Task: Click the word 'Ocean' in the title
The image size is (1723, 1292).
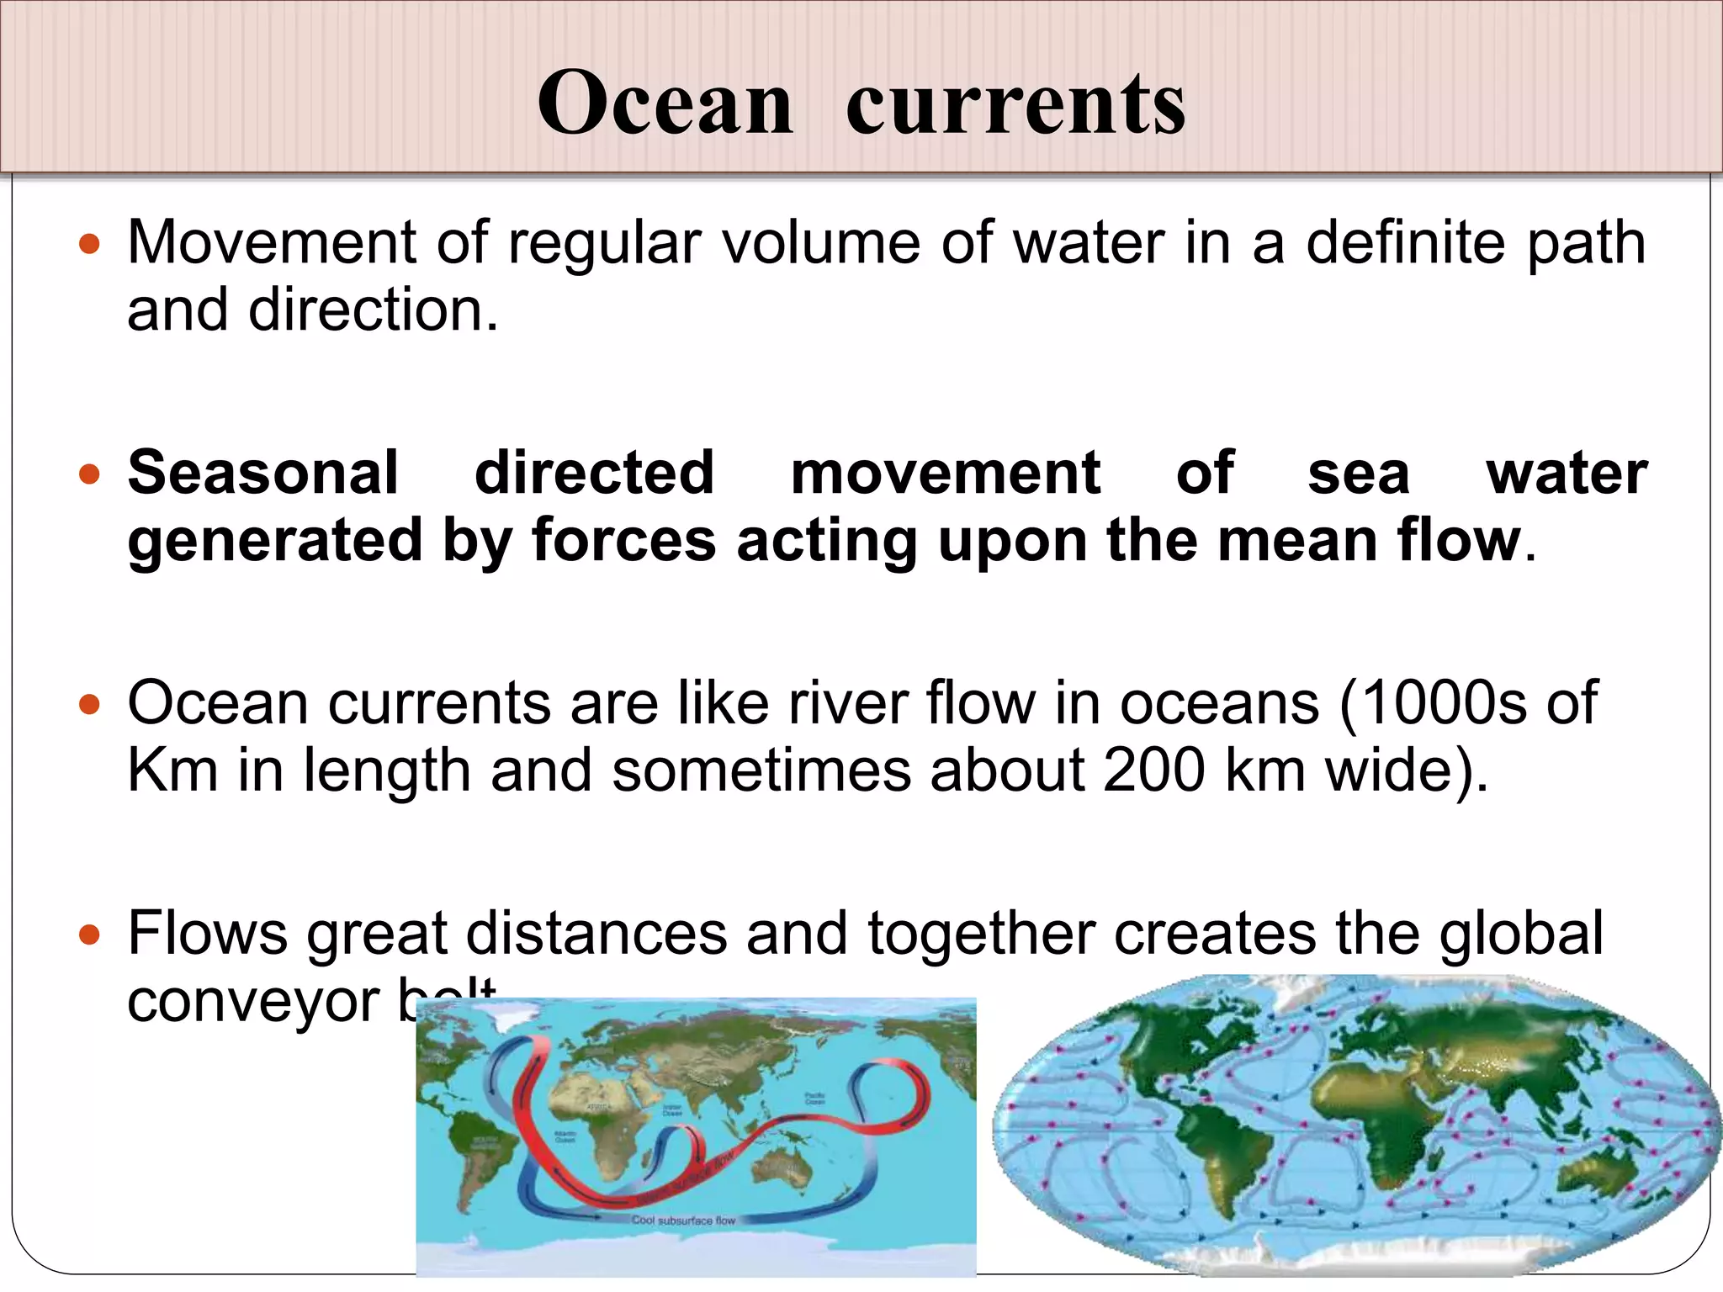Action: click(665, 103)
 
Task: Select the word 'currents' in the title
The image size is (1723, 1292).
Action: click(1015, 104)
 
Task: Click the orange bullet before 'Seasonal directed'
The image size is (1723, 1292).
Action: click(89, 474)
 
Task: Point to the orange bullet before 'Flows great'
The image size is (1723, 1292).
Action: click(89, 935)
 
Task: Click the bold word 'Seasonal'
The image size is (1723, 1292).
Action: click(263, 473)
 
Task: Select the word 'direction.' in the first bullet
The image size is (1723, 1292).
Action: click(374, 310)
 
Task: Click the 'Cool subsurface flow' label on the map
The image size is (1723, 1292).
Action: click(683, 1220)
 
